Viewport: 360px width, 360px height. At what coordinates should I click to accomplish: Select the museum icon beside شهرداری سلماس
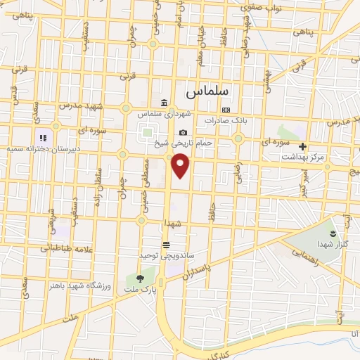coord(164,103)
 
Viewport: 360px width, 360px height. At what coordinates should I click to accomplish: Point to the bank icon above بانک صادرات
coord(226,110)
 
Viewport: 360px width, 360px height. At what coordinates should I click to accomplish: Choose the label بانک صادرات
coord(224,120)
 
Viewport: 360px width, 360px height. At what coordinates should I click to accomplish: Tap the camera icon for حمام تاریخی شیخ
coord(183,132)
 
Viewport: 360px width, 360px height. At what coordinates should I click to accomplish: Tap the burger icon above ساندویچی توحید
coord(165,245)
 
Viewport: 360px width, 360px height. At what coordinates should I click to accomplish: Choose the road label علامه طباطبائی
coord(63,247)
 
